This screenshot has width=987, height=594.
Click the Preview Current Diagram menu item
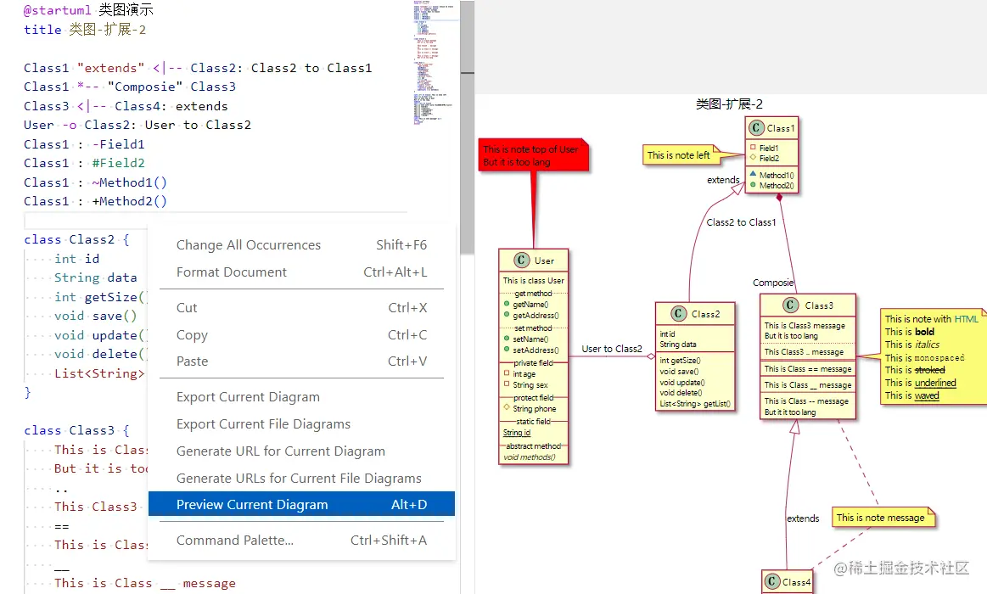(252, 504)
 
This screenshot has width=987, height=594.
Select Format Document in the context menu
(232, 272)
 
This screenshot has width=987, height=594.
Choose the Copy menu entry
(192, 334)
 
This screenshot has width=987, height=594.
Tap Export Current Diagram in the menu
(248, 396)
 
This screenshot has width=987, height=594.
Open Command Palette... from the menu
(235, 540)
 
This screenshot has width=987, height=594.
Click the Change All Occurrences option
(249, 244)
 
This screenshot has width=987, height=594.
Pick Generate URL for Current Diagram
(281, 451)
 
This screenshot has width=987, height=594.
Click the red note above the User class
(532, 155)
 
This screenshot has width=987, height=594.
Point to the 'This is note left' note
(679, 155)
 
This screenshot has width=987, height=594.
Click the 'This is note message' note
(880, 518)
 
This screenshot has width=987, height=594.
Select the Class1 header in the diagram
(771, 128)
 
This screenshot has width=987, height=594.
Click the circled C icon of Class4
(772, 581)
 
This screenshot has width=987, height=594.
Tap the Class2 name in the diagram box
(705, 314)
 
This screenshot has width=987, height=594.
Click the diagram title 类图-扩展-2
(728, 104)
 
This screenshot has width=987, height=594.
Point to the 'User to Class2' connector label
(612, 349)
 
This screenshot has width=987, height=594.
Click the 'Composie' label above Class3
(773, 283)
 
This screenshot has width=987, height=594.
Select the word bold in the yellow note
(924, 332)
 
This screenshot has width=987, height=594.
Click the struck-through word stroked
(929, 370)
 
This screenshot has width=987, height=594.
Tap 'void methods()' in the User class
(529, 457)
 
